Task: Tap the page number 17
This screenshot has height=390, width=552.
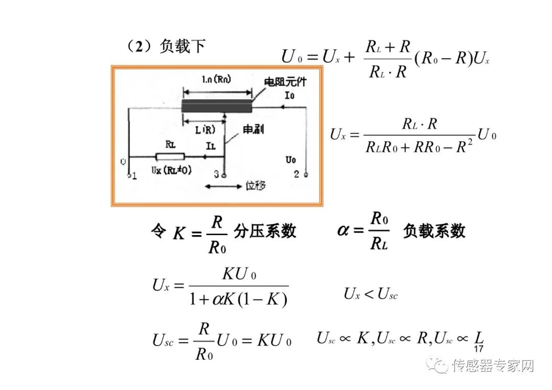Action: click(478, 350)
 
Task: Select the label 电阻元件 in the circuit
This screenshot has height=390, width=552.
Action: click(285, 81)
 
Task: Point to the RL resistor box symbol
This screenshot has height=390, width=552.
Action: click(170, 156)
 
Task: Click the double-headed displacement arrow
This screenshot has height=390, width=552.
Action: click(223, 187)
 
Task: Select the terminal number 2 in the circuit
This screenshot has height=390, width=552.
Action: click(296, 174)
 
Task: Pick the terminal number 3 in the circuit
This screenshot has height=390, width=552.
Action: click(216, 175)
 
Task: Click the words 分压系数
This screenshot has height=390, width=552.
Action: click(265, 231)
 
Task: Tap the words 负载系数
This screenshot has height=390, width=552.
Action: click(434, 231)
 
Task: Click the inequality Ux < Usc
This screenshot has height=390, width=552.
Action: click(371, 294)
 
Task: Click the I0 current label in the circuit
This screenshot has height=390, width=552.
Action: click(289, 96)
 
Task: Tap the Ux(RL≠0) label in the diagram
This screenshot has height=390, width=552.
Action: click(172, 170)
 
